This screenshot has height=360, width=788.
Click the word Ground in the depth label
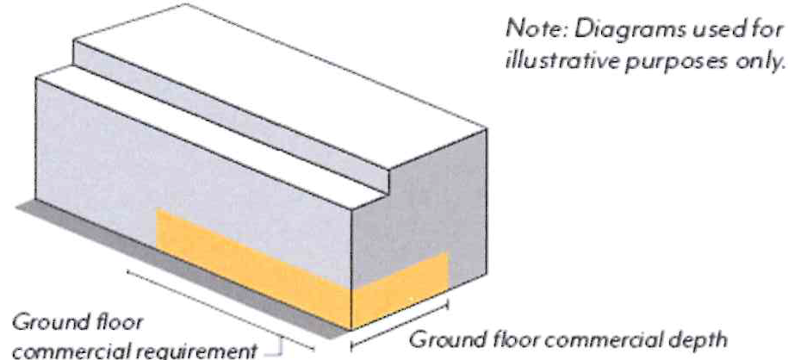pyautogui.click(x=440, y=338)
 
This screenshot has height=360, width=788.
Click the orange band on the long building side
pyautogui.click(x=250, y=263)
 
